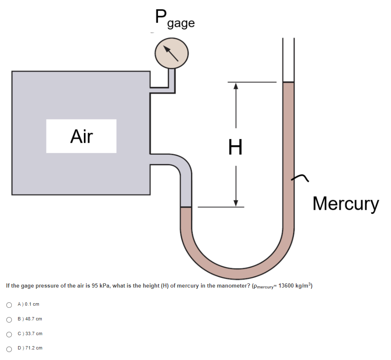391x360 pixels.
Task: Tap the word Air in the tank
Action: click(x=81, y=136)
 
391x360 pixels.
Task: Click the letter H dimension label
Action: click(x=235, y=147)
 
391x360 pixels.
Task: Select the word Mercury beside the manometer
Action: click(x=345, y=204)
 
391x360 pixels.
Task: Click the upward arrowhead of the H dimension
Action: click(x=236, y=85)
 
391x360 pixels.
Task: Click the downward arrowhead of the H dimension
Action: click(x=236, y=203)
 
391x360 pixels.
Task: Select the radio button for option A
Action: click(x=9, y=304)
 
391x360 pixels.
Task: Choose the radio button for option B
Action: click(x=9, y=319)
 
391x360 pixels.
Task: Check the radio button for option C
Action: click(x=9, y=334)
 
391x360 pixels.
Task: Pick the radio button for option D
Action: click(x=9, y=349)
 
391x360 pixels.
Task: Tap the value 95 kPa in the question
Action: click(x=100, y=286)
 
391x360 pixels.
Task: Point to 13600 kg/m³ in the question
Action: click(x=295, y=286)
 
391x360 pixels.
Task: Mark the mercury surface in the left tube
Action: click(x=186, y=208)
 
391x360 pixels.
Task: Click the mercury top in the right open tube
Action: click(x=288, y=83)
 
